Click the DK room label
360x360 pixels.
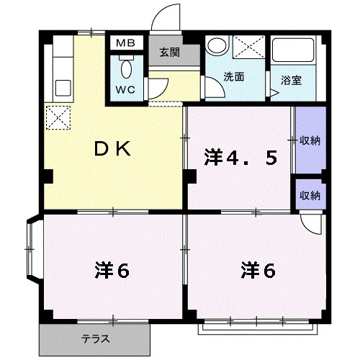114,149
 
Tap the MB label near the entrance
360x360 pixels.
126,44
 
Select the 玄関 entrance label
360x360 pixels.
170,52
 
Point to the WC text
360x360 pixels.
126,91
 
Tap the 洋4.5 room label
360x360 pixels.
240,158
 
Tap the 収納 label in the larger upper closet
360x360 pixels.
310,140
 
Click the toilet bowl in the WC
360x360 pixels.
126,70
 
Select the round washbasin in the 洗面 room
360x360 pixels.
216,46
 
